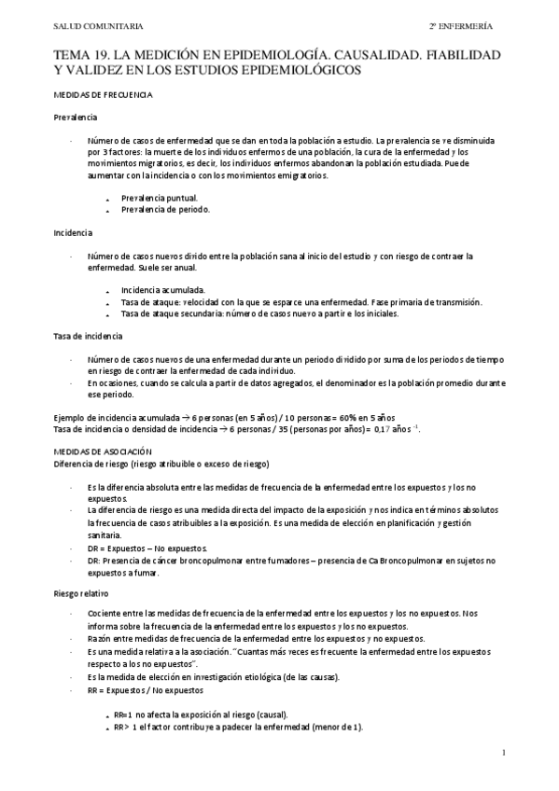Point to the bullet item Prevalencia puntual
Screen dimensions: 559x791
159,198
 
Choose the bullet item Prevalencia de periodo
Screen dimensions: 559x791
165,209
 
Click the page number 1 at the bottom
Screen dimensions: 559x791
504,752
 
